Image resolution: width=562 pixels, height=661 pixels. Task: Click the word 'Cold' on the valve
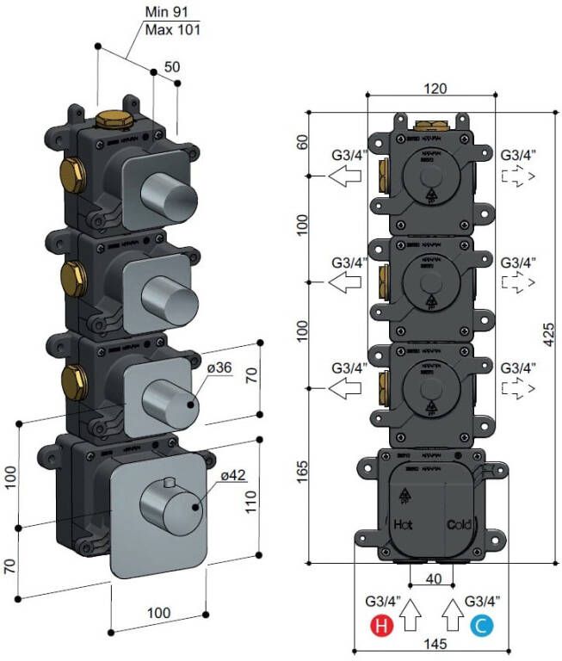pos(458,524)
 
